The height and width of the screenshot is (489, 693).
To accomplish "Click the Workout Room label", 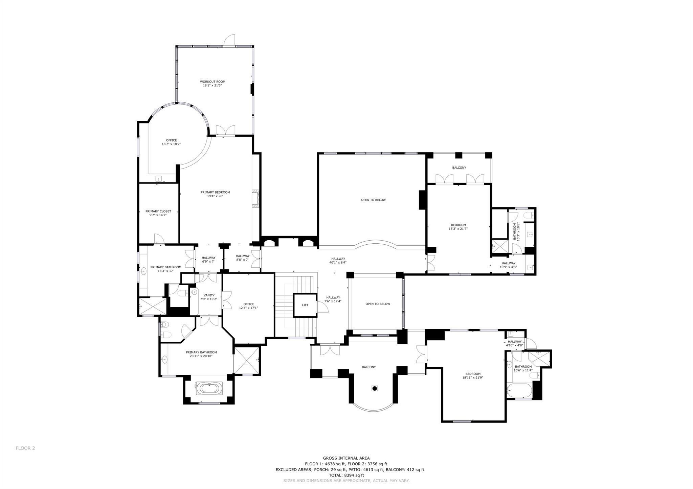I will pos(213,83).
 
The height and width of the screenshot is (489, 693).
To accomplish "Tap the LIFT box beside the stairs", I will pos(305,305).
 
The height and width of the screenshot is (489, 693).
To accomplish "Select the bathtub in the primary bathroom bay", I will pos(209,388).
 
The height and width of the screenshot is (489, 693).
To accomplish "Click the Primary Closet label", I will pos(158,213).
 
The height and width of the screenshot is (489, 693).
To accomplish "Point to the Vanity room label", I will pos(209,297).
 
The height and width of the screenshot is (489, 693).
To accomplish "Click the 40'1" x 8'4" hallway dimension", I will pos(338,263).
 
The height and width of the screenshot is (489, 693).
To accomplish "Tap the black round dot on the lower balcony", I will pos(375,389).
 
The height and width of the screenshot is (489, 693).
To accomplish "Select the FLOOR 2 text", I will pos(25,448).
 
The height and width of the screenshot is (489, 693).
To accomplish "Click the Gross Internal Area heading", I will pos(346,458).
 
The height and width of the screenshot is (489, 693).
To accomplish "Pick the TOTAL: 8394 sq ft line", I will pos(346,475).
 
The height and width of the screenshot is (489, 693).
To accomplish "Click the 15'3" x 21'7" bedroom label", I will pos(458,227).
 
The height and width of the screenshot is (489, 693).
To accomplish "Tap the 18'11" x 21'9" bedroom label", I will pos(472,376).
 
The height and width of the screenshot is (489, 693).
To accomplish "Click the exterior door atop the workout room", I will pos(229,41).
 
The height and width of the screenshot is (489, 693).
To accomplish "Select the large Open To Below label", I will pos(373,200).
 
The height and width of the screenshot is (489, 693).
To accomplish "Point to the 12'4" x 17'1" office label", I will pos(248,306).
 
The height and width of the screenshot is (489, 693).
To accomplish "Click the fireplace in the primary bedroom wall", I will pos(255,198).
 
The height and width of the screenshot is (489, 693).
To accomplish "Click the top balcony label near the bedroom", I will pos(459,168).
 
